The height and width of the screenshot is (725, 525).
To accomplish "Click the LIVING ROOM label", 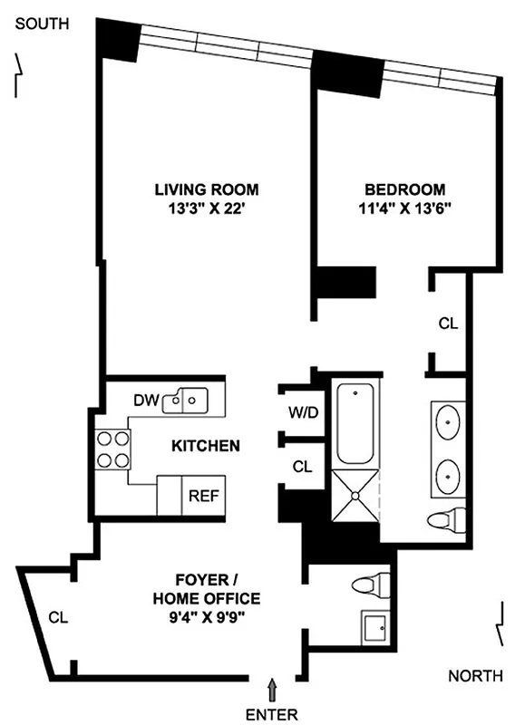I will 206,190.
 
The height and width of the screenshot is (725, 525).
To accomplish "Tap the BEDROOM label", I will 404,190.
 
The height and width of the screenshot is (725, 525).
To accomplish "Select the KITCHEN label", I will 206,446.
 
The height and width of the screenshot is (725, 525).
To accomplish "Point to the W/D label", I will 302,413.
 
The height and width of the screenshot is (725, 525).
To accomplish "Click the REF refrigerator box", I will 200,496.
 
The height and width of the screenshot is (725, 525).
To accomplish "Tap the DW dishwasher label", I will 145,400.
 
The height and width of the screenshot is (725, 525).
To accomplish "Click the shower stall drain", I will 355,496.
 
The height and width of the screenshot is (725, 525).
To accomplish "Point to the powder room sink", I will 374,627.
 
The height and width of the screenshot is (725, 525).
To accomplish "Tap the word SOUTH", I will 41,24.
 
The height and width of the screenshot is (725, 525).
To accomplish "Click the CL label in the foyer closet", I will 58,618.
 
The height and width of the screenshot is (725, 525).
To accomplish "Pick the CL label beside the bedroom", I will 447,324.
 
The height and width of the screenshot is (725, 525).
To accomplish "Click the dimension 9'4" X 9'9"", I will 206,620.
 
